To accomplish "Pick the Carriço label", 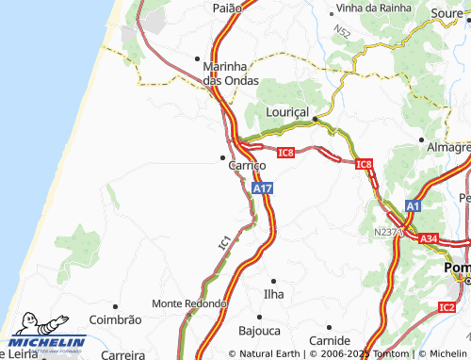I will point(247,165).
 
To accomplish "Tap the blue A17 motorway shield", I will point(263,188).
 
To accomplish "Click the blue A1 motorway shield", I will point(414,205).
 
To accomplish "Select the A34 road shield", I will point(429,238).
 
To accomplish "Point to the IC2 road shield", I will point(447,306).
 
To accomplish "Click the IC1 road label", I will point(224,242).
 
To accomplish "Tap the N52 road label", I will point(341,35).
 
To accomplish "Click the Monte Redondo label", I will point(189,303).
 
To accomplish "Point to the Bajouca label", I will point(259,331).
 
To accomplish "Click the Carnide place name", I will point(330,339).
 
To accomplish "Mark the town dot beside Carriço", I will point(223,156).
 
